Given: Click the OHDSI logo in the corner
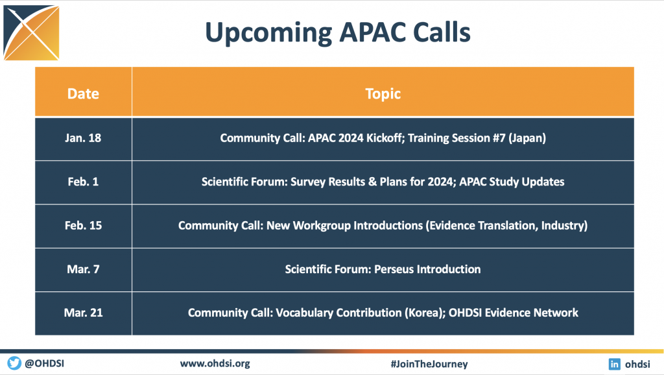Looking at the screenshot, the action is [31, 32].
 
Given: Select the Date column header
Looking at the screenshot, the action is [83, 93].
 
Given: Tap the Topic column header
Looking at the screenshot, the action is [383, 93].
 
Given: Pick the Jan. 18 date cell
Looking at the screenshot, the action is [83, 138].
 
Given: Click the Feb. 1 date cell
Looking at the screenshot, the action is [83, 182].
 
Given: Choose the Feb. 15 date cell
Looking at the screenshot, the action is [83, 225].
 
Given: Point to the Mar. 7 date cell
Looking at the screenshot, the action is [83, 269].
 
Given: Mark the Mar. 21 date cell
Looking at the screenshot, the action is [83, 313].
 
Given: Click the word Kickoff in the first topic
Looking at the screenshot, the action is [385, 138].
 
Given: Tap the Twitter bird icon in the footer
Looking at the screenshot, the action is [14, 363].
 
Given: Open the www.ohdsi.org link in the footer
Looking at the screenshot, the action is [215, 363].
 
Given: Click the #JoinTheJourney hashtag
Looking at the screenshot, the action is [429, 363].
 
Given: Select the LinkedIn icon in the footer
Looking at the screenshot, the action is [615, 364].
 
